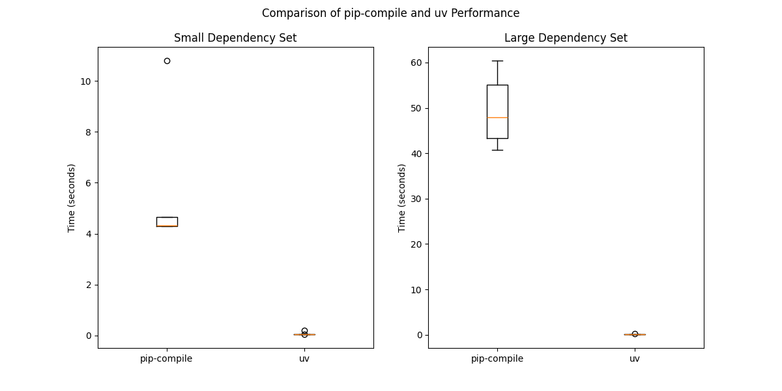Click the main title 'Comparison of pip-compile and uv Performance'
(x=390, y=13)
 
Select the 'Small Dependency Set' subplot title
(x=235, y=38)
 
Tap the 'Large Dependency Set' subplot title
(x=566, y=38)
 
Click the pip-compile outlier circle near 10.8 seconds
(x=167, y=61)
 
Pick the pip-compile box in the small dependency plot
(x=167, y=221)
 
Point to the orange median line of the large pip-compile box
(x=497, y=117)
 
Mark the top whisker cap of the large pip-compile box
(x=497, y=61)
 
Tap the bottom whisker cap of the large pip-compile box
(x=497, y=150)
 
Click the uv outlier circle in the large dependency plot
(x=635, y=334)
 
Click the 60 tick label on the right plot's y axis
(x=416, y=63)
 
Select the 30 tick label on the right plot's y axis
(x=416, y=199)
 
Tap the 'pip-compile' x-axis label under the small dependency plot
(x=166, y=358)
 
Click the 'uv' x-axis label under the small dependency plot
(x=304, y=358)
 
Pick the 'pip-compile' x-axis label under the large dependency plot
(x=497, y=358)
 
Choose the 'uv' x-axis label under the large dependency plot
(x=635, y=358)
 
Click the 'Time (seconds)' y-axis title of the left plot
(x=72, y=197)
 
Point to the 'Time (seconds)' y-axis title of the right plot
(x=402, y=197)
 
